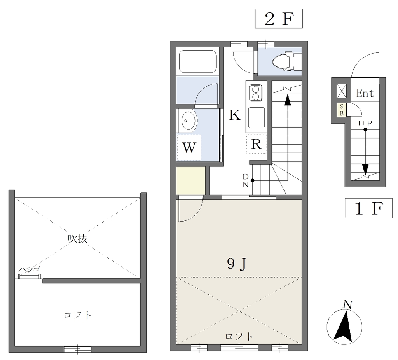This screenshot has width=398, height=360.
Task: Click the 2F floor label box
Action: point(279,19)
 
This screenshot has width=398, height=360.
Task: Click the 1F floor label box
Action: point(368,208)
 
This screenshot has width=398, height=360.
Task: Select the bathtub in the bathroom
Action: point(198,61)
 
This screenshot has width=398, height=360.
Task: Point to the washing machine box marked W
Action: point(189,147)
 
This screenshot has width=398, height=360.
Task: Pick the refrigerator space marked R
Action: point(256,144)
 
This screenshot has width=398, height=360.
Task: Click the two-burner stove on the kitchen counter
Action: point(256,93)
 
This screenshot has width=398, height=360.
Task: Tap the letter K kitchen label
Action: point(235,115)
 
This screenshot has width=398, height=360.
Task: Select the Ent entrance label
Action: point(365,93)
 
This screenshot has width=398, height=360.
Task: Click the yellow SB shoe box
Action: point(342,110)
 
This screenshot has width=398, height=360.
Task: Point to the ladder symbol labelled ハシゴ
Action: point(30,276)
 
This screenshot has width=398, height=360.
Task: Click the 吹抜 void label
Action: point(77,238)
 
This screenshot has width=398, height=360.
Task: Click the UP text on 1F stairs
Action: point(365,123)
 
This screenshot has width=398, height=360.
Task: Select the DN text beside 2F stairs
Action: point(246,180)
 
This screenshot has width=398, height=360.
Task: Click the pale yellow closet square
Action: point(190,180)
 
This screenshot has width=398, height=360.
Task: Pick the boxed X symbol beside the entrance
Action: point(342,91)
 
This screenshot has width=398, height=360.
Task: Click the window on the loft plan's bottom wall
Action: point(77,350)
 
